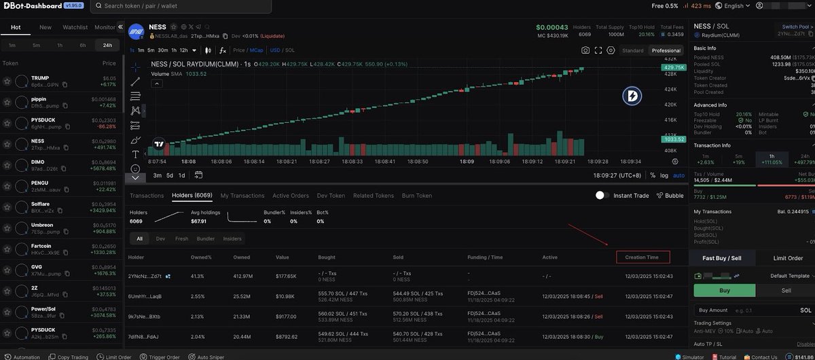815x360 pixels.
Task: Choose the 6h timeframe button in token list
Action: click(83, 45)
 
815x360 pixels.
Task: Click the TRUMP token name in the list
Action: click(40, 78)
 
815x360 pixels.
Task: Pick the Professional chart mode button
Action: click(666, 50)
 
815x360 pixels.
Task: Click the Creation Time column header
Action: click(642, 257)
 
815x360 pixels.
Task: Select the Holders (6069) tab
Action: click(192, 196)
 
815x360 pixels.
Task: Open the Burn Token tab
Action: click(416, 196)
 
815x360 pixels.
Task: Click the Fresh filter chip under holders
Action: click(181, 238)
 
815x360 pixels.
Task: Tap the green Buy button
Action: click(724, 290)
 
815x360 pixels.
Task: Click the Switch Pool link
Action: click(795, 27)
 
